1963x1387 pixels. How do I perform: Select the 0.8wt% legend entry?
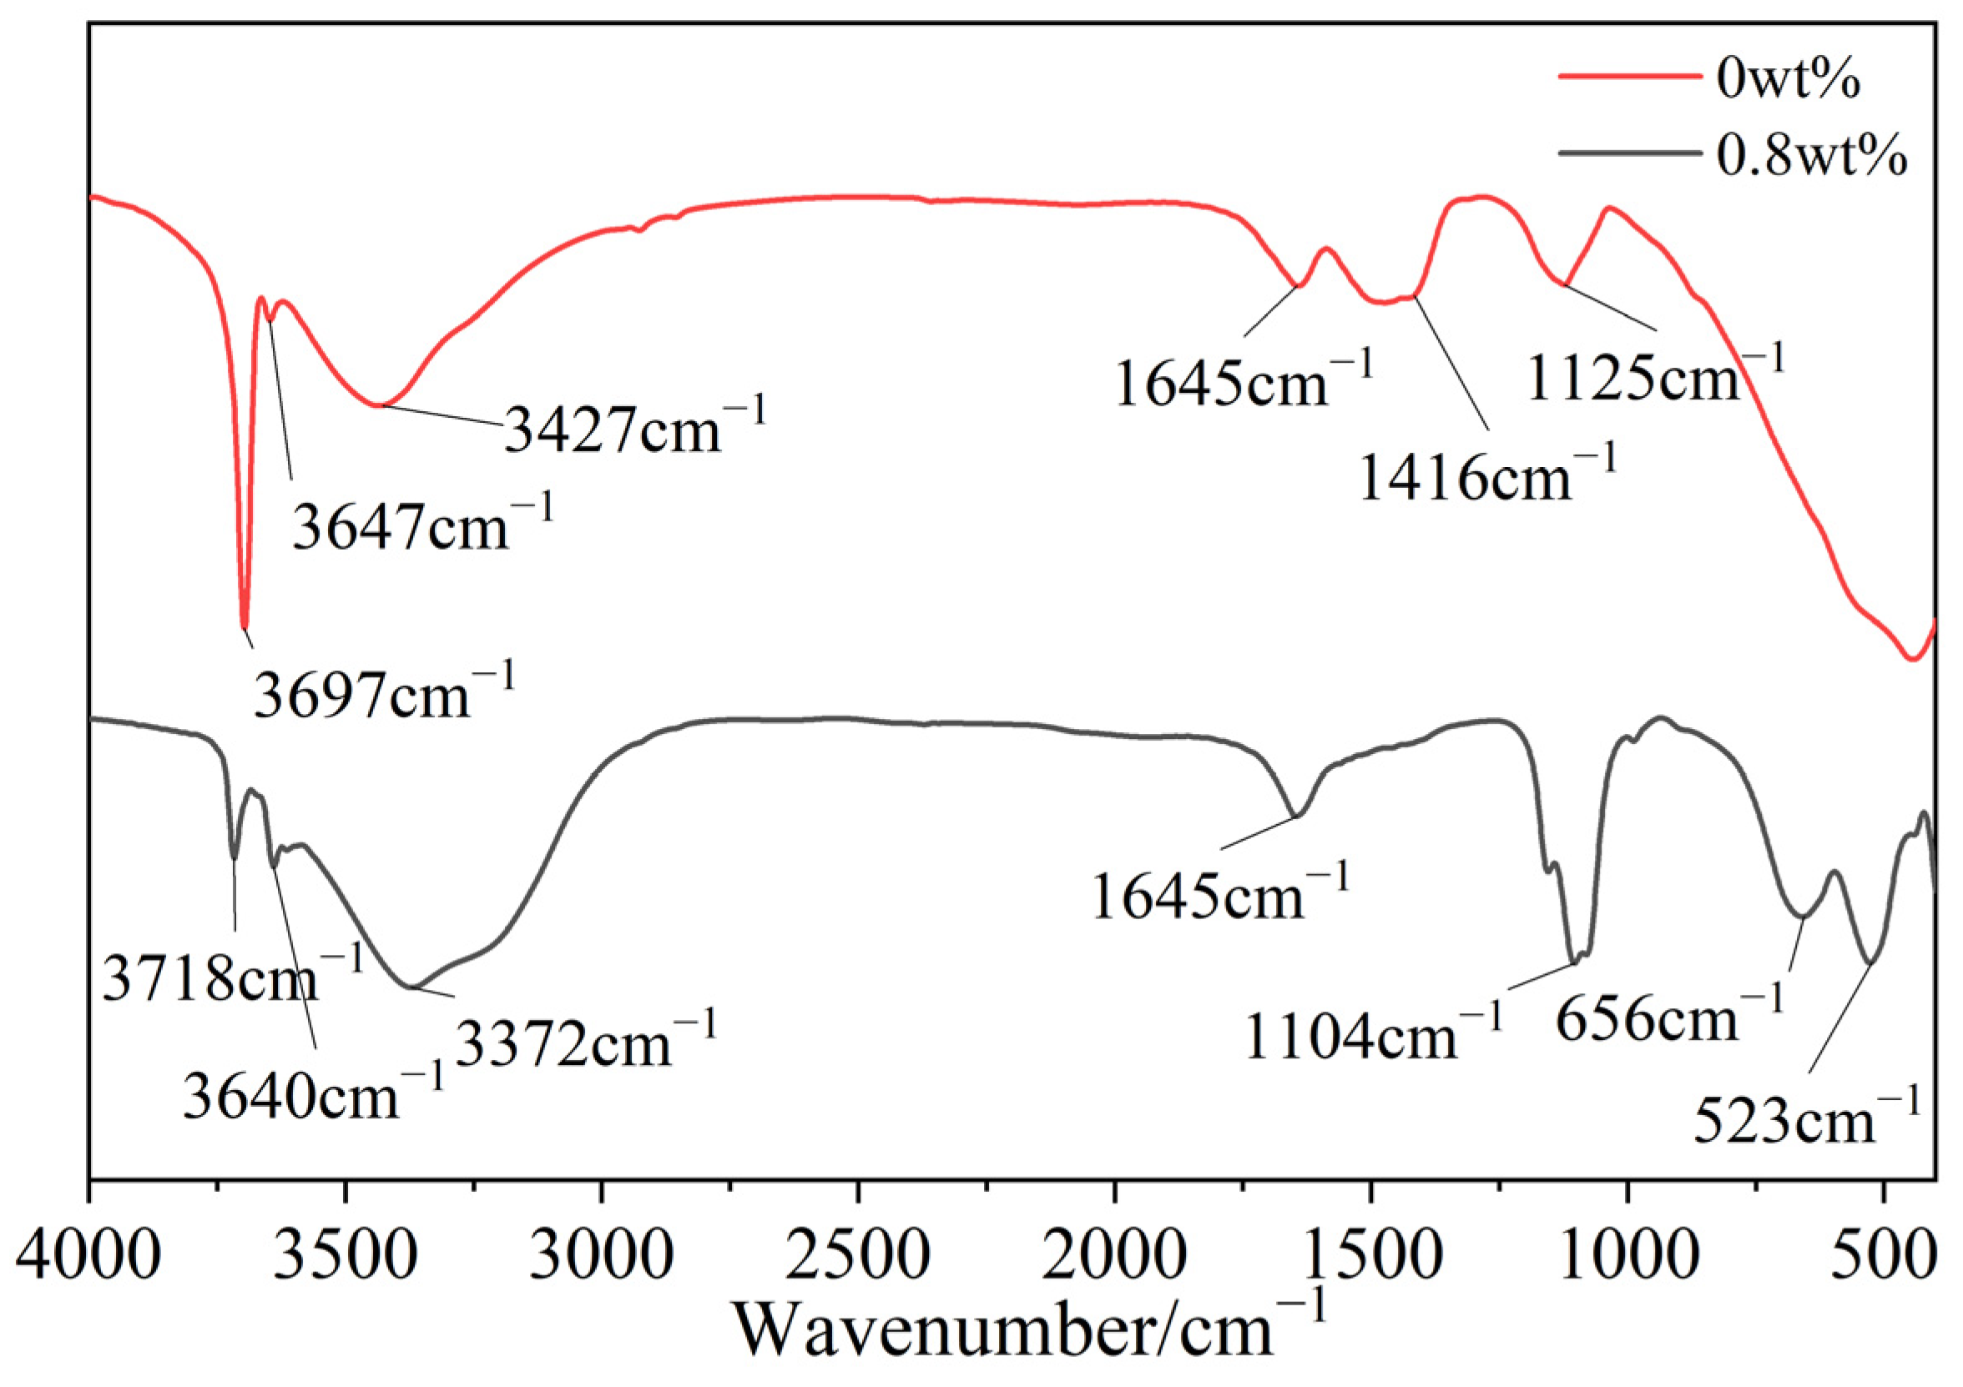tap(1812, 158)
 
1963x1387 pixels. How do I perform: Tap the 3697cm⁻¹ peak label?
tap(384, 693)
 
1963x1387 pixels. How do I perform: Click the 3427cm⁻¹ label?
tap(635, 428)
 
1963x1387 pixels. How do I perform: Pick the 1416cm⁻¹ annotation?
tap(1488, 476)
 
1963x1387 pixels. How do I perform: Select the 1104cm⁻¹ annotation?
tap(1373, 1035)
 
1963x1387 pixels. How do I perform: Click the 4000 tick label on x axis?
tap(89, 1254)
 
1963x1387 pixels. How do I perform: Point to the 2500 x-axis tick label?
tap(857, 1254)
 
